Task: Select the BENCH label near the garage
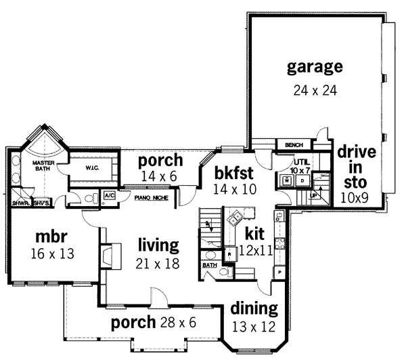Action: (x=293, y=145)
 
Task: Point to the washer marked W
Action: (x=287, y=181)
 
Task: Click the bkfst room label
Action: (x=234, y=172)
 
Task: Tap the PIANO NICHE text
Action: (x=151, y=198)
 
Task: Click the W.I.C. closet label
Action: (x=93, y=167)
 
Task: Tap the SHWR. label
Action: (x=19, y=203)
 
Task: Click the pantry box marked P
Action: (x=277, y=271)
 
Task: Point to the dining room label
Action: (x=254, y=309)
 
